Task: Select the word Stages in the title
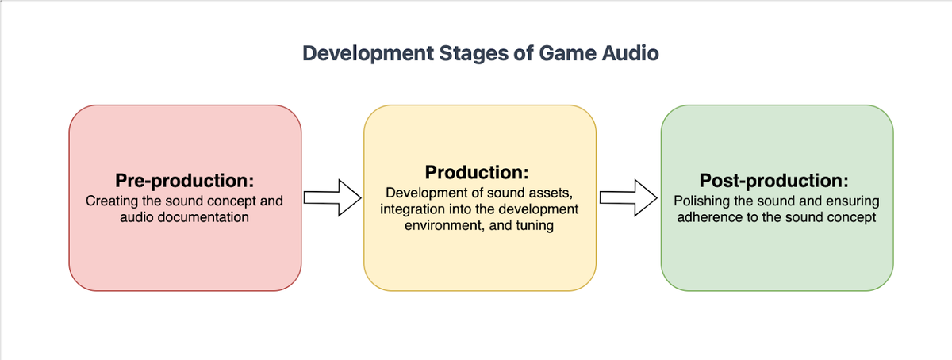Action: point(474,55)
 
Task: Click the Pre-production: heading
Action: point(184,181)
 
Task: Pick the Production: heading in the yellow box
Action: point(477,172)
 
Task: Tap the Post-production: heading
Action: point(774,181)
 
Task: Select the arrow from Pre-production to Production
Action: point(332,197)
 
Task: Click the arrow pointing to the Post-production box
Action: point(628,197)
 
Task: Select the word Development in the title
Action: point(368,55)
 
